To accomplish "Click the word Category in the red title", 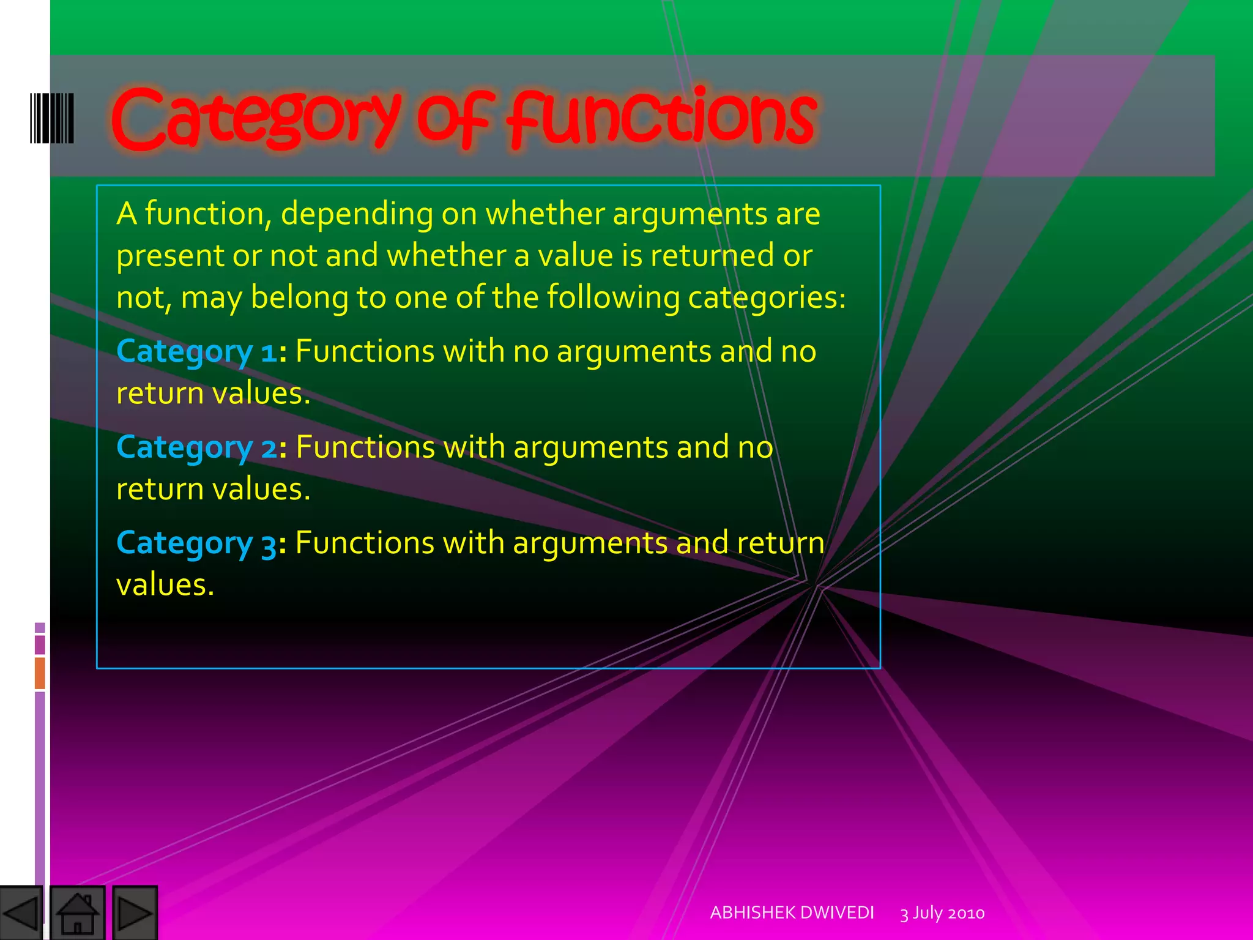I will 256,119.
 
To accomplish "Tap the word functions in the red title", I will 663,119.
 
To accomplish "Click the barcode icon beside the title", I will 52,118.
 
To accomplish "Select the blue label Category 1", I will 196,352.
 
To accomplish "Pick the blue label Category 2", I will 196,448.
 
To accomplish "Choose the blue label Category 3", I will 196,543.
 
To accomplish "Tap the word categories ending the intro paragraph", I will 767,299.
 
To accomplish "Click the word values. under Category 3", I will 165,585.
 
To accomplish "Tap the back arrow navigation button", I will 21,913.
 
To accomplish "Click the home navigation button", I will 77,913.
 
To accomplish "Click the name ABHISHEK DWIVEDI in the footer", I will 792,912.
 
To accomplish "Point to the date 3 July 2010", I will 942,913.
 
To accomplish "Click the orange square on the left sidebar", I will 40,673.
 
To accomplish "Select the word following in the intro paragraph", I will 613,299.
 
